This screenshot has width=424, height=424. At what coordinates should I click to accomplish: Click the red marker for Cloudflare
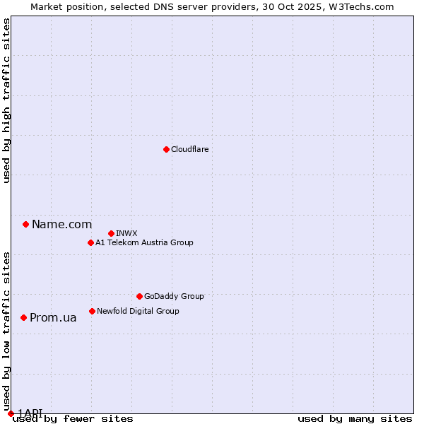tap(166, 149)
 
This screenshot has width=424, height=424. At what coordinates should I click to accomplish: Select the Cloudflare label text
tap(189, 149)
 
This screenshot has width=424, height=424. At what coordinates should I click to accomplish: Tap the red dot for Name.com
tap(25, 224)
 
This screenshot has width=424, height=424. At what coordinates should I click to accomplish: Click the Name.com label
tap(61, 224)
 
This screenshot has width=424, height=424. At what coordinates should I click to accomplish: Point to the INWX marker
tap(111, 233)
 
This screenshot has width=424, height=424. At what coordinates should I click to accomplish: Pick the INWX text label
tap(126, 233)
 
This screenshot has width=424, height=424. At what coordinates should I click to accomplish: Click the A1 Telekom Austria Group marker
tap(90, 242)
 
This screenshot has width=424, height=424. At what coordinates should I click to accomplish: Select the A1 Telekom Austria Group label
tap(144, 242)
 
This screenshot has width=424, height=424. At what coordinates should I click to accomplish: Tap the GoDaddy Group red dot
tap(139, 296)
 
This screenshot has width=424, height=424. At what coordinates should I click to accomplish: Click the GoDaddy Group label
tap(173, 296)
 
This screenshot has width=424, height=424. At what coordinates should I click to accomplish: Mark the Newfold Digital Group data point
tap(92, 311)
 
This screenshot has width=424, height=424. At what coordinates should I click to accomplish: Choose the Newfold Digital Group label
tap(138, 311)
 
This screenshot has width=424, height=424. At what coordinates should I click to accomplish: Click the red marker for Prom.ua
tap(23, 317)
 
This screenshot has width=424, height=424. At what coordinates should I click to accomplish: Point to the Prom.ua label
tap(53, 317)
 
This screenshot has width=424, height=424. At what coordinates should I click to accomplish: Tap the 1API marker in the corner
tap(11, 413)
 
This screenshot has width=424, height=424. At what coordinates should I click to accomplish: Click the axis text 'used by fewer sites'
tap(73, 418)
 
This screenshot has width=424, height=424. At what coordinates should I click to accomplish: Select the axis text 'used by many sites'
tap(355, 418)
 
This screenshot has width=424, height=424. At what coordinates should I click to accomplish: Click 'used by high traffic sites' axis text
tap(6, 101)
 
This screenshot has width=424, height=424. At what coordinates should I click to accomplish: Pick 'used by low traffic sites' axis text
tap(6, 331)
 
